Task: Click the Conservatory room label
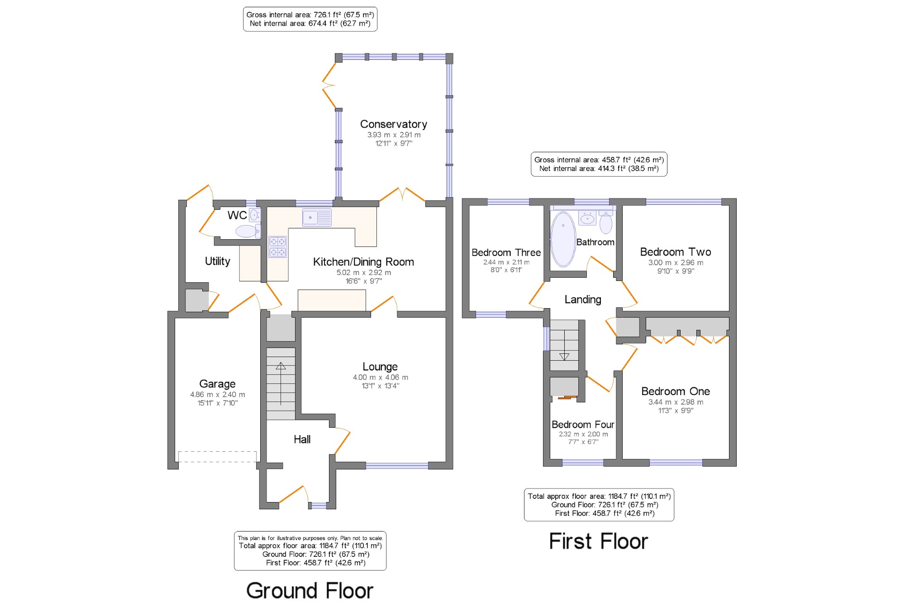click(x=393, y=124)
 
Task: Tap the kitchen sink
click(x=317, y=217)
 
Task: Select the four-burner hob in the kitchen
click(x=277, y=247)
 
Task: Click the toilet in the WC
click(x=248, y=231)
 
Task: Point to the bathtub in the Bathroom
click(x=563, y=239)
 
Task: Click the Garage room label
click(x=217, y=384)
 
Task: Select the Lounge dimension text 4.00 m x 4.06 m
click(x=380, y=377)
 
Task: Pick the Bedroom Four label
click(x=583, y=425)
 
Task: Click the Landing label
click(x=583, y=300)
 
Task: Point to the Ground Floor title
click(x=310, y=590)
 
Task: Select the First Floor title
click(x=598, y=541)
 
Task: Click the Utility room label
click(x=217, y=261)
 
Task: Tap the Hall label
click(x=302, y=439)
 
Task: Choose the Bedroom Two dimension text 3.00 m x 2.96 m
click(x=676, y=262)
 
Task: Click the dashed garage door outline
click(x=217, y=456)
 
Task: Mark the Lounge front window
click(x=397, y=465)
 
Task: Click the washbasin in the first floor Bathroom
click(x=587, y=218)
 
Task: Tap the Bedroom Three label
click(x=506, y=252)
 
